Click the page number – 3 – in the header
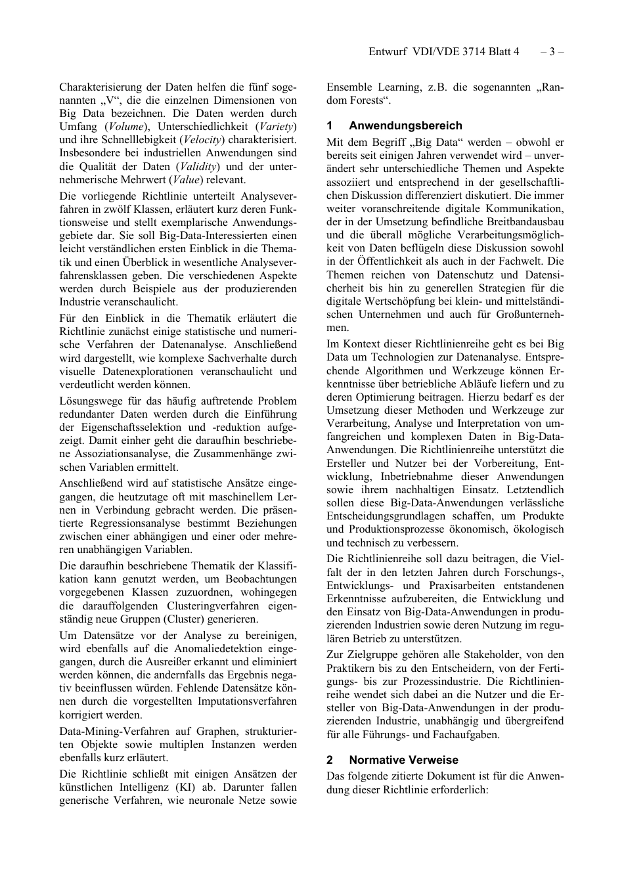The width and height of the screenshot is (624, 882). (x=552, y=51)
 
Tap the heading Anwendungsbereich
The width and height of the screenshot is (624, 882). (x=405, y=125)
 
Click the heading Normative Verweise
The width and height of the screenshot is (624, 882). (x=403, y=760)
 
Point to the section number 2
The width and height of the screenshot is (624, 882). (x=330, y=760)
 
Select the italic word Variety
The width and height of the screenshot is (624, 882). (x=276, y=127)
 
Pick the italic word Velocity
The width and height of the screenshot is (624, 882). (x=201, y=140)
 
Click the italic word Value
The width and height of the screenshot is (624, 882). (x=186, y=180)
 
